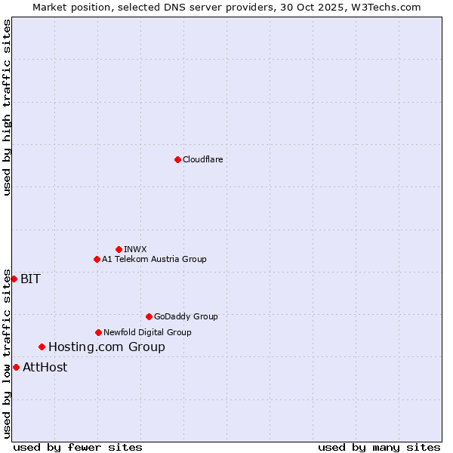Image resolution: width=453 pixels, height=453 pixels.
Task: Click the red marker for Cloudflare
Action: click(x=177, y=159)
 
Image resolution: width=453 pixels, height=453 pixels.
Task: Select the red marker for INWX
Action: click(x=119, y=249)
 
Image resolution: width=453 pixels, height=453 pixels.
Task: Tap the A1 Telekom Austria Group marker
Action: click(x=97, y=259)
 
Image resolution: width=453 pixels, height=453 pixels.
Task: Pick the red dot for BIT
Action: click(x=14, y=279)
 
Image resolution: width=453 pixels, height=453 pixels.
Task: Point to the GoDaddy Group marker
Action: click(x=149, y=316)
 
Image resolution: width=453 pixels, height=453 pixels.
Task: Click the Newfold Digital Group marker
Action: click(x=98, y=332)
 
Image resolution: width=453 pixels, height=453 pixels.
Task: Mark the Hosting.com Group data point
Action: click(x=42, y=347)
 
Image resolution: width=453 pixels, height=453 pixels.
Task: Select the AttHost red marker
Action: click(x=16, y=367)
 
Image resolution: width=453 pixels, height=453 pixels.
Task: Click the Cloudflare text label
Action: click(x=203, y=159)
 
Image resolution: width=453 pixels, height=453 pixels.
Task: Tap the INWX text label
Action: click(x=135, y=249)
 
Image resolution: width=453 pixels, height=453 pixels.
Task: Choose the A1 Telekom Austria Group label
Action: click(x=154, y=259)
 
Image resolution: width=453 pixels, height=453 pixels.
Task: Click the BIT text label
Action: click(x=30, y=279)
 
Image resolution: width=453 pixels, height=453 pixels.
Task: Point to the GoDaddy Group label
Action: click(x=186, y=316)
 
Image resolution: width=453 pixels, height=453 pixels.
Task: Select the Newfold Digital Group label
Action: click(x=147, y=332)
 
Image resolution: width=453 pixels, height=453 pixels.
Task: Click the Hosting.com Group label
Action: click(x=106, y=347)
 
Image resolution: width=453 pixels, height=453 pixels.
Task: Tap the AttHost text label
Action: click(x=45, y=367)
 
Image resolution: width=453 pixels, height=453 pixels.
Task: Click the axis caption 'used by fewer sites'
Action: click(x=78, y=447)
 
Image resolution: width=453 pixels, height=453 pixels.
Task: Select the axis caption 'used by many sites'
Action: click(x=379, y=447)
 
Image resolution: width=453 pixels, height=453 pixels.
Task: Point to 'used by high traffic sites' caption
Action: click(x=7, y=107)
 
